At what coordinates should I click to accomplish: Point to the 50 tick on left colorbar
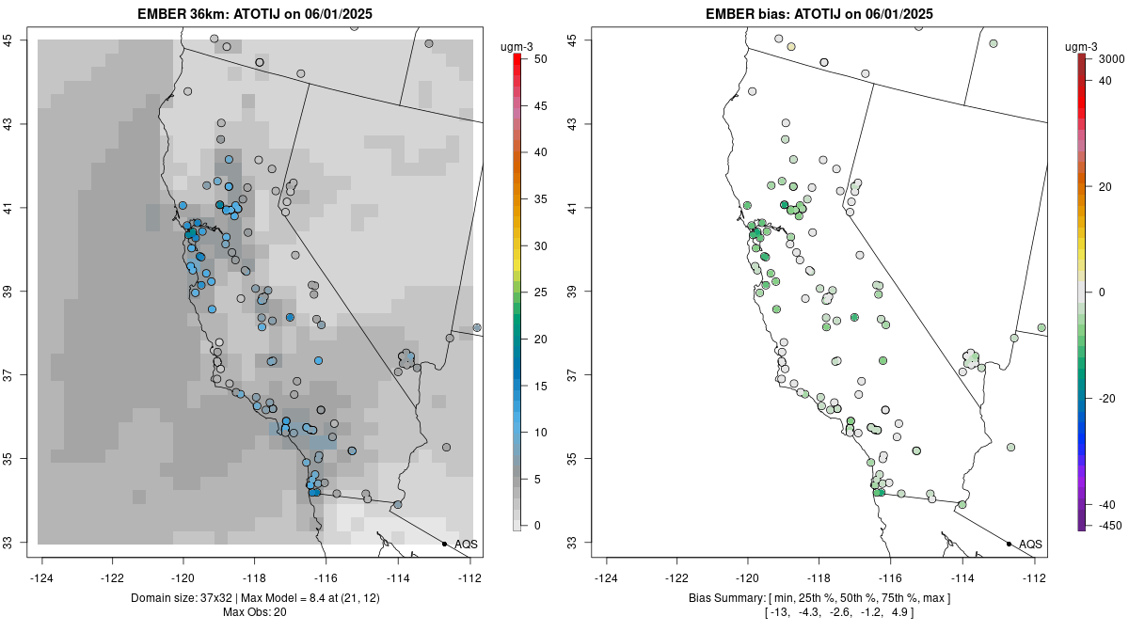click(x=533, y=59)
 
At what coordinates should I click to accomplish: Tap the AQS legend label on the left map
click(x=466, y=544)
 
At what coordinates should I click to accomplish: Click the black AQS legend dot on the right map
click(x=1009, y=544)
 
